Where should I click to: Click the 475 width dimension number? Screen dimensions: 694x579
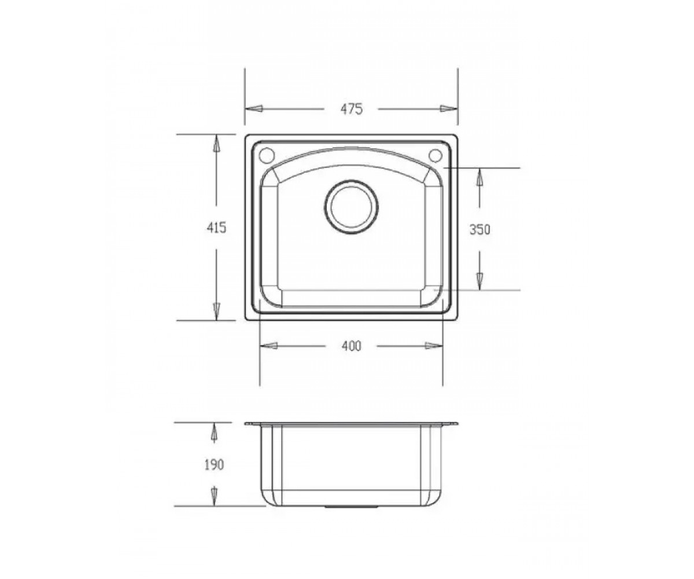[351, 109]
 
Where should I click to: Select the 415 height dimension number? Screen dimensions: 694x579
[216, 228]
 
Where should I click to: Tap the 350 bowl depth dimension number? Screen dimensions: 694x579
[479, 229]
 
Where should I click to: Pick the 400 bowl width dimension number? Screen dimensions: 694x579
[351, 346]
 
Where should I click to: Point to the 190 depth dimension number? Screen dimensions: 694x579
[214, 465]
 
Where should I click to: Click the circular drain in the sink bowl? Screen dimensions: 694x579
[351, 207]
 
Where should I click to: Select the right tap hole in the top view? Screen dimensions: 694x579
[435, 155]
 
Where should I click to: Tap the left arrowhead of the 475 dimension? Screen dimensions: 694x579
[254, 108]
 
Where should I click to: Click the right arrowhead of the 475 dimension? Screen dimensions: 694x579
[449, 108]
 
